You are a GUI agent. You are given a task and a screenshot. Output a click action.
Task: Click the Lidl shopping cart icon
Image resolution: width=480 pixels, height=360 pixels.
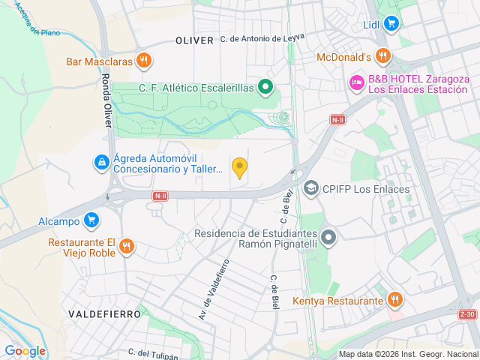pyautogui.click(x=390, y=24)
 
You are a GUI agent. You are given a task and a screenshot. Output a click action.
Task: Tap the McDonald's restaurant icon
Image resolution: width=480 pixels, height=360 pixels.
pyautogui.click(x=383, y=56)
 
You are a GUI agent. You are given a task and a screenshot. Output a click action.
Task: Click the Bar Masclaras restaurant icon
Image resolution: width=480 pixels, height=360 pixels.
pyautogui.click(x=145, y=61)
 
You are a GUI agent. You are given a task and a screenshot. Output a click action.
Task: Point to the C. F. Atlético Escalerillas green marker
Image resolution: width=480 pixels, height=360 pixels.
pyautogui.click(x=265, y=88)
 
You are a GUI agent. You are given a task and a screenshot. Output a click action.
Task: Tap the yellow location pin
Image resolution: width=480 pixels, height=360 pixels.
pyautogui.click(x=239, y=167)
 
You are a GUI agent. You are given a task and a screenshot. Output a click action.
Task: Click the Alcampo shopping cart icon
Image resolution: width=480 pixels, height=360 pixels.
pyautogui.click(x=91, y=220)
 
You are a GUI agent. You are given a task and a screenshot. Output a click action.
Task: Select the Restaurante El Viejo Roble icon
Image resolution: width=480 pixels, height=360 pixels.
pyautogui.click(x=127, y=245)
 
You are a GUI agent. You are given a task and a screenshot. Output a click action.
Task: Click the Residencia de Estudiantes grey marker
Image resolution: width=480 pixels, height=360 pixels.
pyautogui.click(x=328, y=238)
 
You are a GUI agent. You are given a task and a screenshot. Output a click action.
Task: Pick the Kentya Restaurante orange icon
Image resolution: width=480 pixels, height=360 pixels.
pyautogui.click(x=394, y=301)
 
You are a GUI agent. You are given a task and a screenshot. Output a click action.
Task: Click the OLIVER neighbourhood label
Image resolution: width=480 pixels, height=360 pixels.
pyautogui.click(x=194, y=40)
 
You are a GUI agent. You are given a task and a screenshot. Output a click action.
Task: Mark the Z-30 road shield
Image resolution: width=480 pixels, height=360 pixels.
pyautogui.click(x=467, y=314)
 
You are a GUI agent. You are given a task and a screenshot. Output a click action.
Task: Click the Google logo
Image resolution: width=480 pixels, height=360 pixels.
pyautogui.click(x=25, y=350)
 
